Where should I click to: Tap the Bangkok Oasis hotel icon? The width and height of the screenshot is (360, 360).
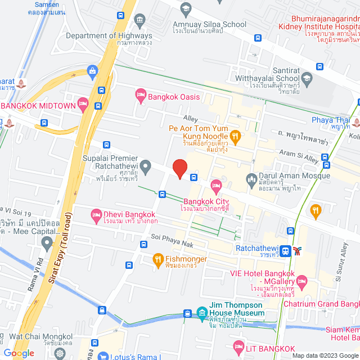[140, 97]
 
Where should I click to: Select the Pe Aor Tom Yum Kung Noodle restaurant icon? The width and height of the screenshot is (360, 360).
[236, 135]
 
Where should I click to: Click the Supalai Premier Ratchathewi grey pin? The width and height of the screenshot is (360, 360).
[146, 165]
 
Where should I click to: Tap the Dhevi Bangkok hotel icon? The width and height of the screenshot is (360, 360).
[96, 214]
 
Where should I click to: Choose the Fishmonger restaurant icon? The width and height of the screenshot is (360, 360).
[158, 259]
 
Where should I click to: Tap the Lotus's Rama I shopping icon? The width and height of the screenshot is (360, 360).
[102, 355]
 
